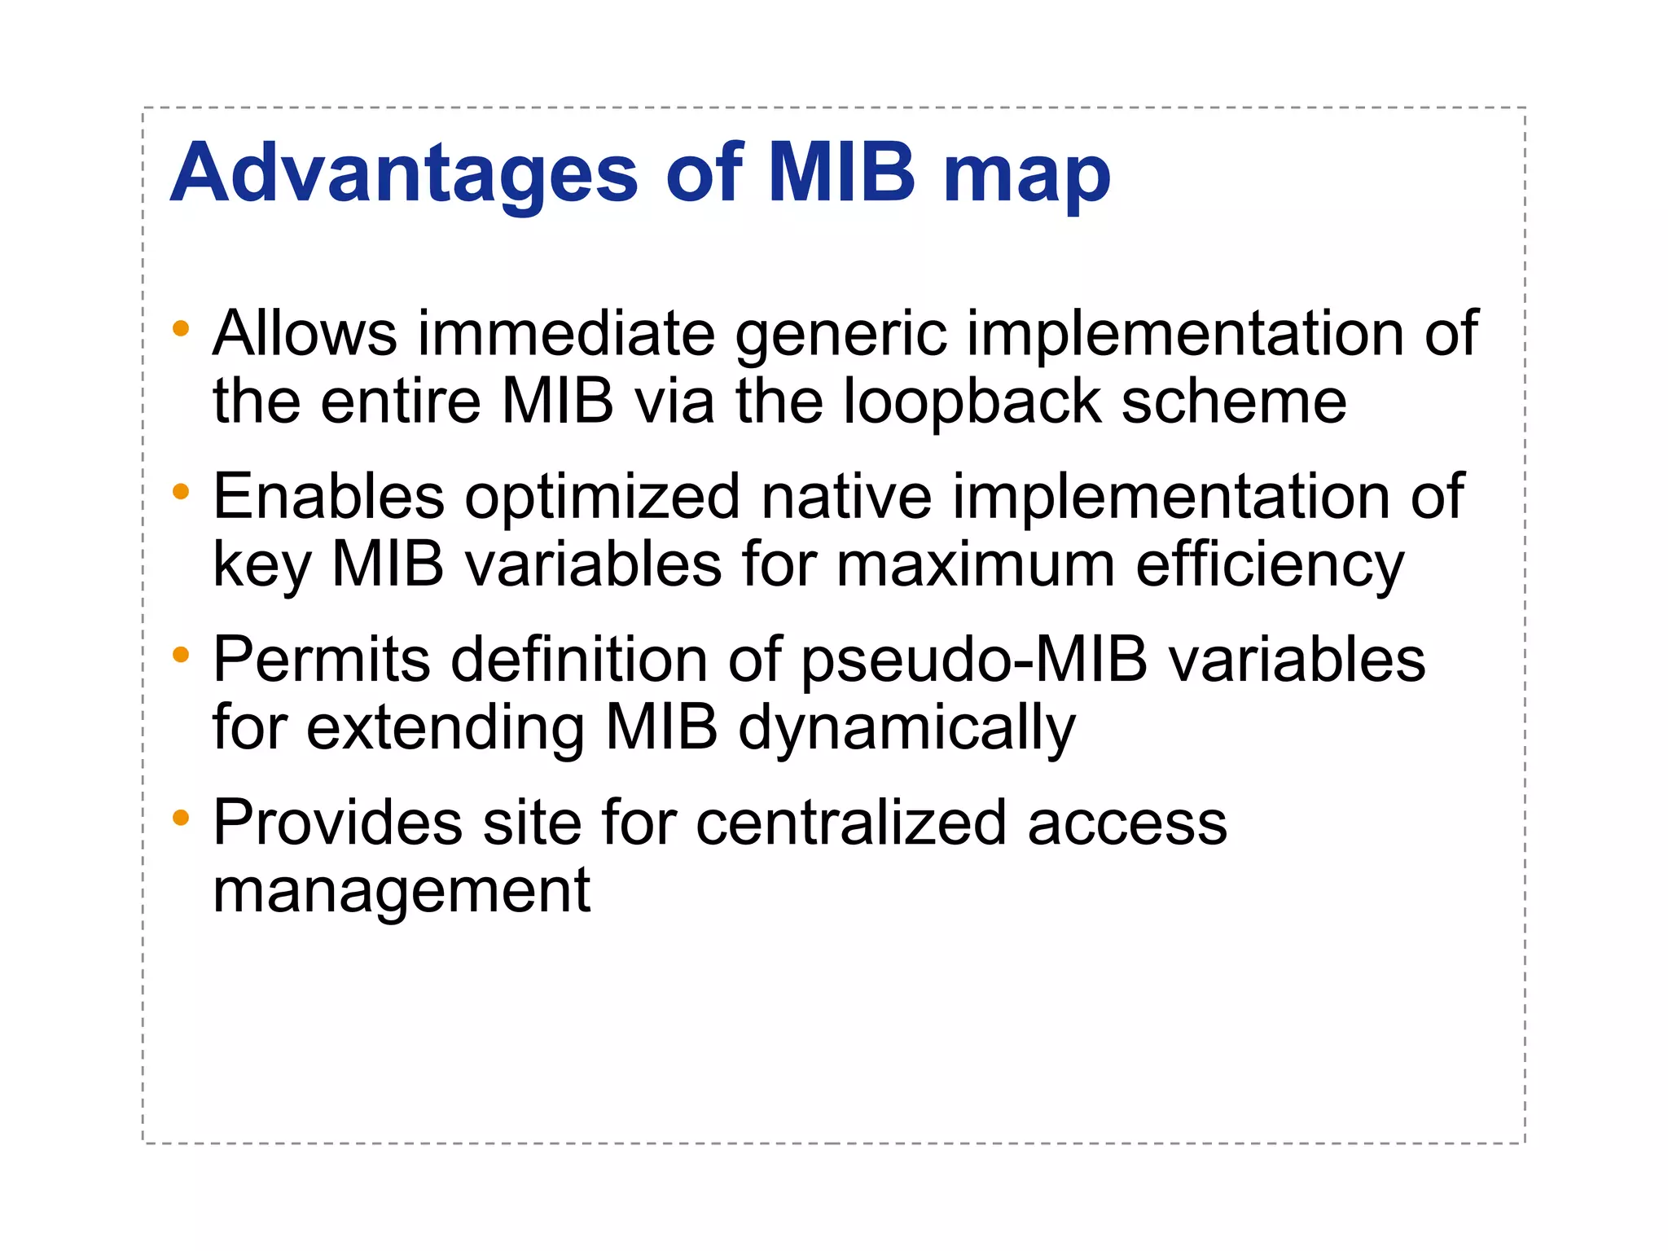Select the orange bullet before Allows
coord(181,329)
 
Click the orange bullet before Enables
coord(181,492)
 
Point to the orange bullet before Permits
coord(181,654)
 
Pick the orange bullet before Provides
coord(181,817)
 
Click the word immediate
coord(566,334)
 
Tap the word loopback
coord(972,403)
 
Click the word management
coord(402,893)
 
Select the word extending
coord(446,730)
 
